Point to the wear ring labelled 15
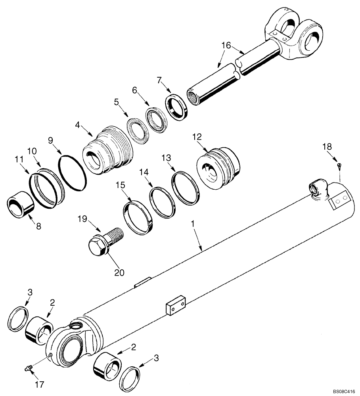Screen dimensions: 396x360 pos(138,218)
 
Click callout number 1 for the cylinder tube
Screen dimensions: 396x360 pos(192,225)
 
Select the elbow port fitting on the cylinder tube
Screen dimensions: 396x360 pos(317,188)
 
